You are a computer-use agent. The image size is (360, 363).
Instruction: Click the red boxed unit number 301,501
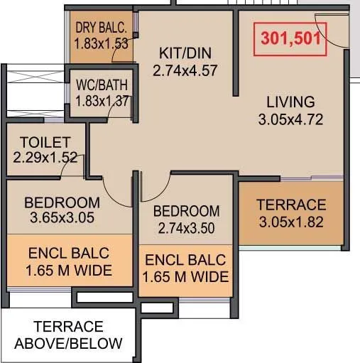point(291,39)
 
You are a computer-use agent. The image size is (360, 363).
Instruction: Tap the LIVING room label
point(291,101)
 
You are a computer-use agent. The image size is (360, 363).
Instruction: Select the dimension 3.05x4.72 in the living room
point(291,119)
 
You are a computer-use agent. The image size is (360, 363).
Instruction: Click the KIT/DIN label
point(185,53)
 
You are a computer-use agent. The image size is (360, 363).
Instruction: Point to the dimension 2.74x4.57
point(185,70)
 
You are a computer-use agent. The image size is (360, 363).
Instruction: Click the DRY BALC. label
point(101,29)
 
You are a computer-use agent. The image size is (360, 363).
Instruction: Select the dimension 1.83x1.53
point(101,44)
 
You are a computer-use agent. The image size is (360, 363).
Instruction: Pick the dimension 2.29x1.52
point(45,157)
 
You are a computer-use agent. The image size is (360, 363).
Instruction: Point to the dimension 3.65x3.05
point(63,217)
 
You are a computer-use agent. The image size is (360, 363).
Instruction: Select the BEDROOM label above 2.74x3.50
point(186,211)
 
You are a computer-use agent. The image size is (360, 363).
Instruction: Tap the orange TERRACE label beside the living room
point(291,205)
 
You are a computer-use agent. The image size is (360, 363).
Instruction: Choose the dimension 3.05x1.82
point(291,221)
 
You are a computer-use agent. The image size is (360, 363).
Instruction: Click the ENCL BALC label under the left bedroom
point(70,254)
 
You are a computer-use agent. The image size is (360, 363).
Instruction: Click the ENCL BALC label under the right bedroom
point(185,260)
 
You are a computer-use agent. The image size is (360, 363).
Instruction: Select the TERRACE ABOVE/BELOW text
point(68,335)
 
